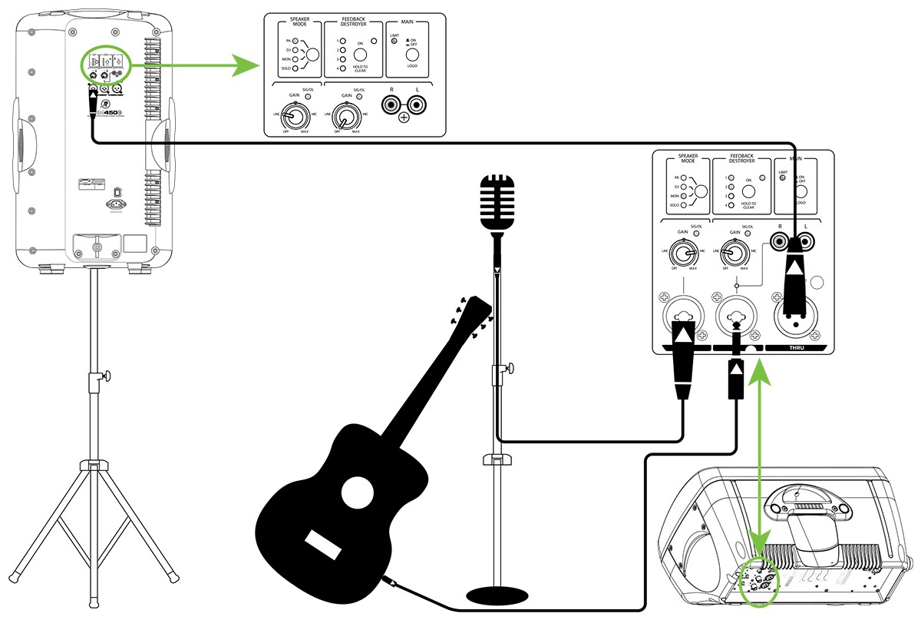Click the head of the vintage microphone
point(496,201)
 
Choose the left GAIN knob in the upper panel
point(291,117)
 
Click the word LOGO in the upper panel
point(412,67)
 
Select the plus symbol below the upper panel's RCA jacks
point(404,118)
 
